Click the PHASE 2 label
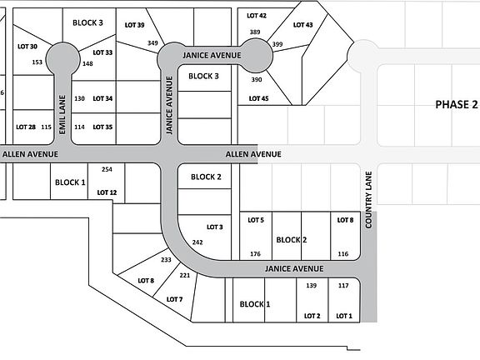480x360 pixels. pyautogui.click(x=456, y=105)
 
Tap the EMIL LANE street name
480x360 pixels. pyautogui.click(x=62, y=114)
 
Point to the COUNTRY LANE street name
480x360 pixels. pyautogui.click(x=368, y=200)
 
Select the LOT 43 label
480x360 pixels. pyautogui.click(x=302, y=25)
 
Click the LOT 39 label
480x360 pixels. pyautogui.click(x=134, y=25)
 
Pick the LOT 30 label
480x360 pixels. pyautogui.click(x=27, y=47)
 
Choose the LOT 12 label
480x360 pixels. pyautogui.click(x=107, y=192)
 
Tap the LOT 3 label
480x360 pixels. pyautogui.click(x=215, y=227)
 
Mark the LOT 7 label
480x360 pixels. pyautogui.click(x=174, y=299)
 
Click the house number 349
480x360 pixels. pyautogui.click(x=152, y=43)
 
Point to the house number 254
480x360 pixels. pyautogui.click(x=107, y=169)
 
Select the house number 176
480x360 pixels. pyautogui.click(x=255, y=254)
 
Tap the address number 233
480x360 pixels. pyautogui.click(x=166, y=260)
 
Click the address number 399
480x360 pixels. pyautogui.click(x=277, y=44)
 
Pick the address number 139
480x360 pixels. pyautogui.click(x=312, y=285)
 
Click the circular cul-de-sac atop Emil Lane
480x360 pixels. pyautogui.click(x=62, y=59)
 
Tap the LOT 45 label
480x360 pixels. pyautogui.click(x=258, y=98)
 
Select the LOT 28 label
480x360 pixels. pyautogui.click(x=26, y=127)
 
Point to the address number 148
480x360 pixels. pyautogui.click(x=87, y=63)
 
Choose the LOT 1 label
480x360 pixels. pyautogui.click(x=344, y=316)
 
